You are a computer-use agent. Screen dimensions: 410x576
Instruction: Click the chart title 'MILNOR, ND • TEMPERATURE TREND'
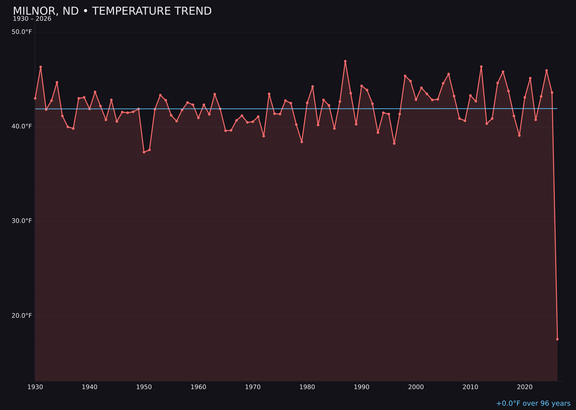(x=112, y=11)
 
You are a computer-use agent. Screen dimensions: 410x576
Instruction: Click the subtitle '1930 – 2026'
(x=32, y=19)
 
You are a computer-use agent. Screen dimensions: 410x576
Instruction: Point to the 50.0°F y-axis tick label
(x=22, y=32)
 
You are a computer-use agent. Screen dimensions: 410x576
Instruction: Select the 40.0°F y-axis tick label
(x=22, y=127)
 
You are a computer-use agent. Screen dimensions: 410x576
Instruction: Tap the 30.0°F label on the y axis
(x=22, y=221)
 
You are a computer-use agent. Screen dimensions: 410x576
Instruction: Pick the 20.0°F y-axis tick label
(x=22, y=316)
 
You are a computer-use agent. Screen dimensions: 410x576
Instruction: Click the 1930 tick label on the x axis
(x=35, y=387)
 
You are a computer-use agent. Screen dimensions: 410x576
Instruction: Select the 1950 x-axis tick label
(x=144, y=387)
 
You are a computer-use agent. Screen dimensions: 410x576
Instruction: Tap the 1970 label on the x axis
(x=253, y=387)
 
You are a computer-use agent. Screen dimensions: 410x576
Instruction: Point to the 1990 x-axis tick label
(x=362, y=387)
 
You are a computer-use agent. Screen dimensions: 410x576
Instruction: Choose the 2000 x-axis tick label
(x=416, y=387)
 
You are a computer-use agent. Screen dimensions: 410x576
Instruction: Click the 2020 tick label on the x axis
(x=525, y=387)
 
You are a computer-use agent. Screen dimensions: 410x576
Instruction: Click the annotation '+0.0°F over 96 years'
(x=533, y=404)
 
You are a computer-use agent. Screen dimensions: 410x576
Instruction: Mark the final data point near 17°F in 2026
(x=557, y=339)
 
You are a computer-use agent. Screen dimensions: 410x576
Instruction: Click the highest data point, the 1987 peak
(x=345, y=61)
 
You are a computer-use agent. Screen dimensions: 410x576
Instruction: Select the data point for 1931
(x=41, y=67)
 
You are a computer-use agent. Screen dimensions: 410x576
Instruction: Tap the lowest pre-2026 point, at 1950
(x=144, y=152)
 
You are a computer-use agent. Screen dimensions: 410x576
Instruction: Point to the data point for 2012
(x=481, y=67)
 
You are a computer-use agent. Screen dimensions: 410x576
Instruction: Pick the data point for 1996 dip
(x=394, y=143)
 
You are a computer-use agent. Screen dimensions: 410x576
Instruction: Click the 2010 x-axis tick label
(x=470, y=387)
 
